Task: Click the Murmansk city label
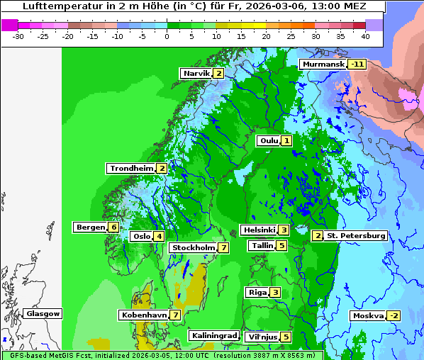coord(323,64)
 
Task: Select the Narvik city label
coord(196,74)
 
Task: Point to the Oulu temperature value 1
coord(286,141)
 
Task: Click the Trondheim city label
coord(131,169)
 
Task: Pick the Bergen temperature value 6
coord(113,227)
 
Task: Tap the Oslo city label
coord(141,237)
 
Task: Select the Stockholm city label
coord(193,248)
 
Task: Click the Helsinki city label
coord(258,230)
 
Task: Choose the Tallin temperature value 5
coord(281,246)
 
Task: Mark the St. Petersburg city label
coord(356,236)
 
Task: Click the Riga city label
coord(257,293)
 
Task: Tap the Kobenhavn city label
coord(144,315)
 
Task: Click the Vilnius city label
coord(260,337)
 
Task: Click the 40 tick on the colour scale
coord(365,36)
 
